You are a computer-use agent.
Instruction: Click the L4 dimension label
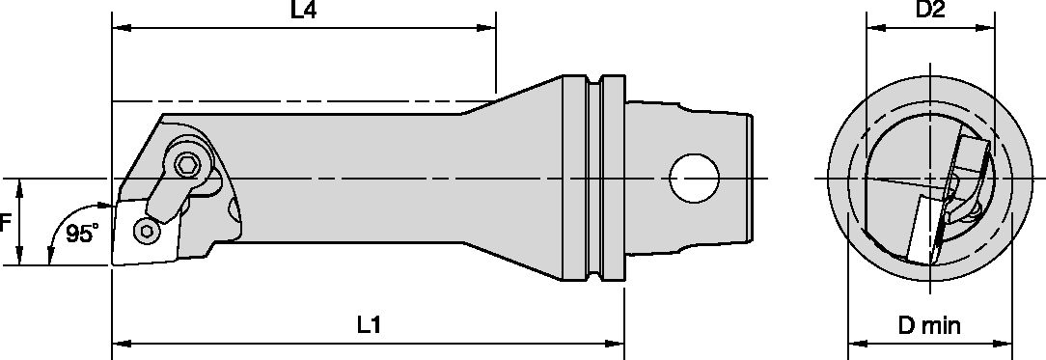tap(304, 12)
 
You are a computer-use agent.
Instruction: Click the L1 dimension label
tap(369, 325)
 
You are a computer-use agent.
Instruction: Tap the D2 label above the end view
tap(930, 11)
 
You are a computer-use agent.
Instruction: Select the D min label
tap(929, 326)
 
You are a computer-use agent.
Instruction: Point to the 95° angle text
tap(82, 234)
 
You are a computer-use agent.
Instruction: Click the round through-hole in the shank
tap(695, 179)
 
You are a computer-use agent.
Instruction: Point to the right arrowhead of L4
tap(489, 28)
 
